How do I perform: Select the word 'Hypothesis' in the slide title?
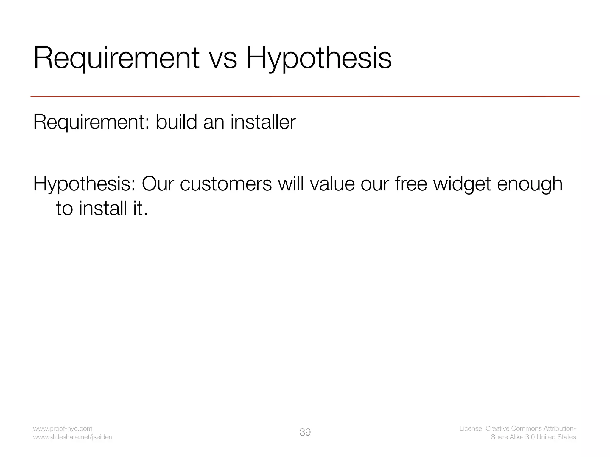tap(319, 59)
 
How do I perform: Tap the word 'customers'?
tap(226, 184)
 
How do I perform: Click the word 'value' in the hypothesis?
tap(332, 184)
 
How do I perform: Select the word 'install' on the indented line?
tap(103, 208)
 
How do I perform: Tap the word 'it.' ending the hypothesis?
tap(140, 208)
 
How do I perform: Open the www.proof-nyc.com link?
tap(63, 428)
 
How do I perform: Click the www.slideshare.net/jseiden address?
tap(72, 437)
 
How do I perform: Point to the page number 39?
tap(305, 432)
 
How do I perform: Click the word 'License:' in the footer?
tap(471, 428)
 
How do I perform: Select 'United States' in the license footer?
tap(556, 437)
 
